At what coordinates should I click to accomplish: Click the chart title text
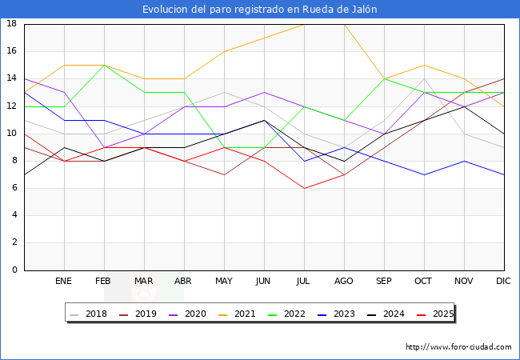pos(260,10)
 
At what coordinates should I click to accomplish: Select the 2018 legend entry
pos(90,314)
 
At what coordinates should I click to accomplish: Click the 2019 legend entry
pos(138,314)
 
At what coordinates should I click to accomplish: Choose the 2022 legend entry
pos(298,314)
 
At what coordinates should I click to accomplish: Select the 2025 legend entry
pos(441,314)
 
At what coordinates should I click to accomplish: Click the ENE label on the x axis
pos(64,282)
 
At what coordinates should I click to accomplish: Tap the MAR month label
pos(144,282)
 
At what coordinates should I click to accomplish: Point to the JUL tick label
pos(304,282)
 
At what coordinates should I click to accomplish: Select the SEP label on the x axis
pos(384,282)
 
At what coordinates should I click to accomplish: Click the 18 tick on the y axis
pos(12,24)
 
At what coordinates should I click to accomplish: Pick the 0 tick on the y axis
pos(14,270)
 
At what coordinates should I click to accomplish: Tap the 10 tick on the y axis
pos(12,134)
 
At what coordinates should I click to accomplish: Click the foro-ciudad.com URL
pos(458,347)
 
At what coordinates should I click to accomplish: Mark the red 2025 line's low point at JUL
pos(304,188)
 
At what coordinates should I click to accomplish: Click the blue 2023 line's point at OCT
pos(424,174)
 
